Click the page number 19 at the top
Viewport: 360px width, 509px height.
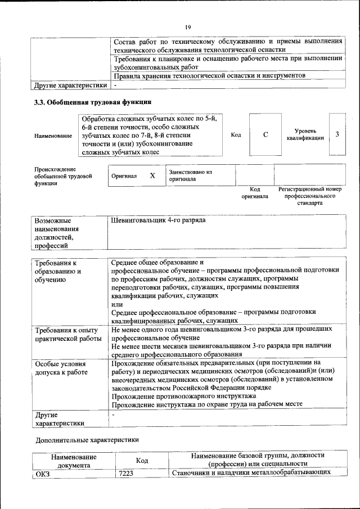click(188, 27)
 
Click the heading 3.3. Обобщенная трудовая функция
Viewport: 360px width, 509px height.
click(93, 102)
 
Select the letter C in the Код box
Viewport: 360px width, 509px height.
click(265, 135)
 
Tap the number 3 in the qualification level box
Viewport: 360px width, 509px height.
click(336, 134)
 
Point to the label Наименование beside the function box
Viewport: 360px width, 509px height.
click(53, 136)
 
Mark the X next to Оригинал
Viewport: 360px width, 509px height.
click(152, 175)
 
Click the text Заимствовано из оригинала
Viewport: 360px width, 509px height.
click(190, 175)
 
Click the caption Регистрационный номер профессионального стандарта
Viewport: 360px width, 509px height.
click(309, 196)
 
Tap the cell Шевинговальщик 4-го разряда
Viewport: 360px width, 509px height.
click(159, 220)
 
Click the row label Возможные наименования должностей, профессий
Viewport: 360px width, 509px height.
click(56, 233)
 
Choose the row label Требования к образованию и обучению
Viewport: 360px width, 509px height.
click(58, 272)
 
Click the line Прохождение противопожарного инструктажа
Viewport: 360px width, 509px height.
click(183, 396)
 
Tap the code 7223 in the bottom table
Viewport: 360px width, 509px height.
click(126, 473)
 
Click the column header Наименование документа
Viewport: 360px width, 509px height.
click(74, 461)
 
